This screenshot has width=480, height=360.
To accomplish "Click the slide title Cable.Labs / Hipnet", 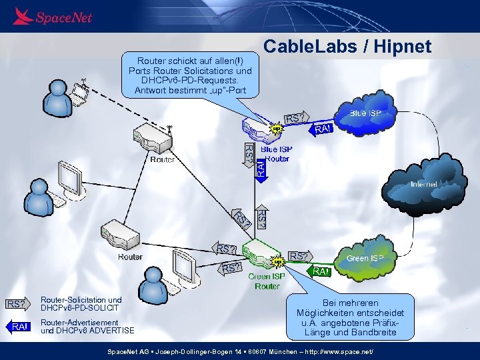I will coord(347,46).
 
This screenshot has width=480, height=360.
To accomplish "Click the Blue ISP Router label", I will coord(276,154).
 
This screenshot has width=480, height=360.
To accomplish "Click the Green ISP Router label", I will coord(267,281).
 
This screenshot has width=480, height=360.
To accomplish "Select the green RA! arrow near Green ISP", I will coord(321,271).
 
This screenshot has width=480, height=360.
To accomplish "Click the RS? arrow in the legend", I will coord(17,305).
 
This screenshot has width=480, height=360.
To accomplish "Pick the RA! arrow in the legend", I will coord(18,326).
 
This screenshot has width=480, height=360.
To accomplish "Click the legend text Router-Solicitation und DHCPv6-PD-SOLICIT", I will coord(81,304).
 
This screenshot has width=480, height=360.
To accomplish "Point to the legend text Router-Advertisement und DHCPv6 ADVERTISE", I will coord(87,326).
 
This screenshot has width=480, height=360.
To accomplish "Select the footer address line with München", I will coord(241,351).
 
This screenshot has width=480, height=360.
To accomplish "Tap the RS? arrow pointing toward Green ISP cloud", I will coord(299,256).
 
